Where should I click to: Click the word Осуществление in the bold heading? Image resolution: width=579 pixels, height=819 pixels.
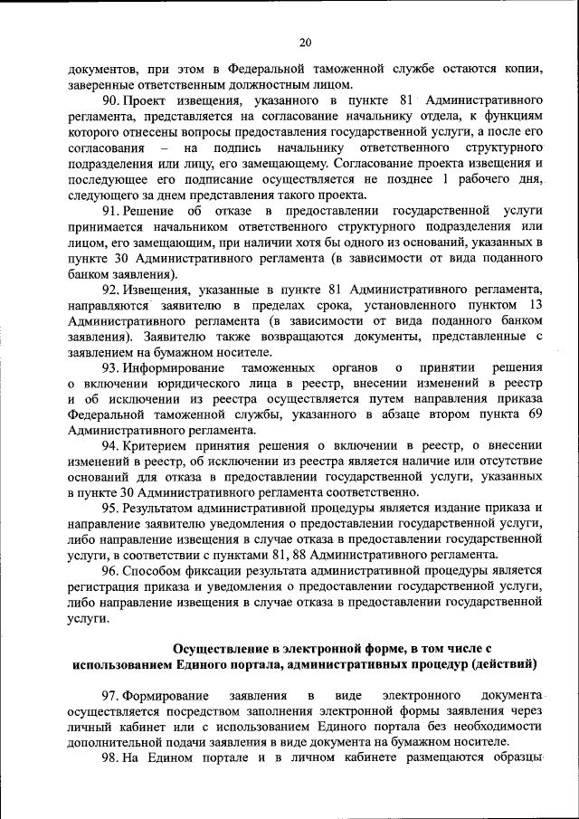[222, 649]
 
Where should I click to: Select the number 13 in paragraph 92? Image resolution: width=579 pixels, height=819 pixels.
[535, 306]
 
